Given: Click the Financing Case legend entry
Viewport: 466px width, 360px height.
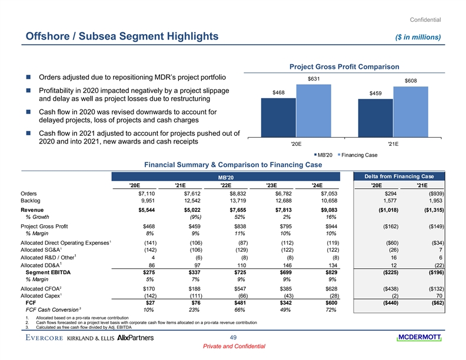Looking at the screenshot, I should tap(355, 155).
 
